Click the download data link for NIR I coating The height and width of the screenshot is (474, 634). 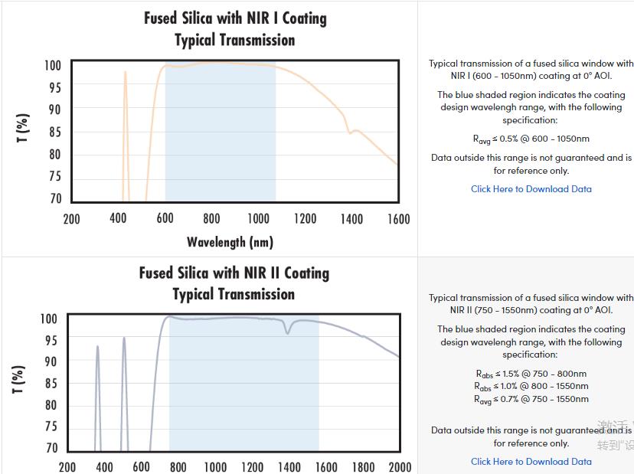(x=531, y=189)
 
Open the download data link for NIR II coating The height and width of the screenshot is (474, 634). (x=531, y=462)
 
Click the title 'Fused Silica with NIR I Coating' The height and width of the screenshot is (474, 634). (x=235, y=18)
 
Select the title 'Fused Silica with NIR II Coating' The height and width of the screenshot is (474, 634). (x=234, y=273)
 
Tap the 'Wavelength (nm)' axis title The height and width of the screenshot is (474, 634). (x=230, y=242)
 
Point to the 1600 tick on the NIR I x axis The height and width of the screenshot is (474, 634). (x=398, y=219)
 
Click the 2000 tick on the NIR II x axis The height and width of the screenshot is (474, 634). (x=400, y=467)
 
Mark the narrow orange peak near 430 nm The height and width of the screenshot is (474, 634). (x=126, y=73)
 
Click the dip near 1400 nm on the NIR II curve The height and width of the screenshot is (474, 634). (x=288, y=332)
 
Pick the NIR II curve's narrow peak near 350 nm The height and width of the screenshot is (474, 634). (x=97, y=347)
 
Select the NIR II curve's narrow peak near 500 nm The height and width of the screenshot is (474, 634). (x=124, y=338)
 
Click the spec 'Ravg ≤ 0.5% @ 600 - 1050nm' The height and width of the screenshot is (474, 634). (x=531, y=139)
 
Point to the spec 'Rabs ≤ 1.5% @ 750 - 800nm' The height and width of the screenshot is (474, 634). (x=531, y=374)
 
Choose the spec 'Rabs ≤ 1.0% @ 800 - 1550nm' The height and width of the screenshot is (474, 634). (x=531, y=387)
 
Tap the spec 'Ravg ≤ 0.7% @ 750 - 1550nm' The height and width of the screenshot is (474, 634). (x=531, y=399)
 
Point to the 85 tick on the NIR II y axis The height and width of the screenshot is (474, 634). (x=51, y=383)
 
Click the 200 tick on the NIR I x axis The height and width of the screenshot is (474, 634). (x=71, y=219)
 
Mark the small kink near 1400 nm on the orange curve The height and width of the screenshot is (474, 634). (x=351, y=132)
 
